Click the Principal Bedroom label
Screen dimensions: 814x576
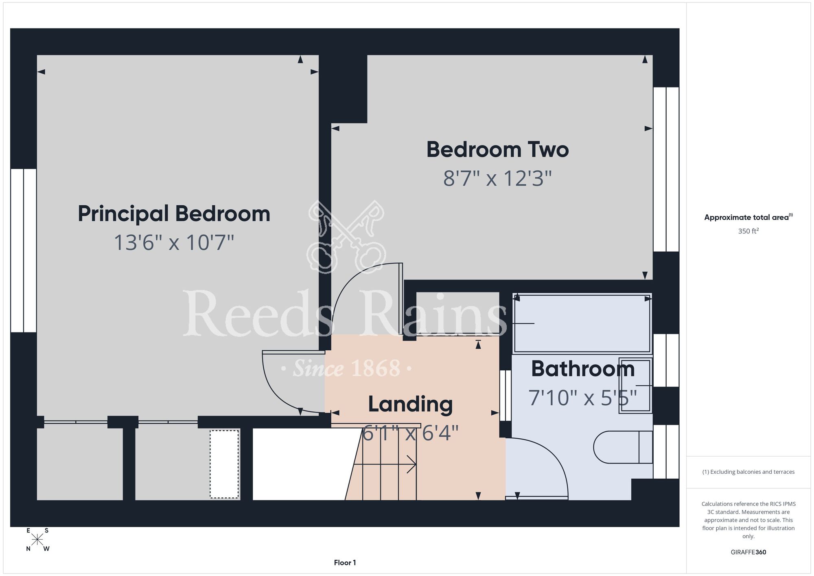coord(174,214)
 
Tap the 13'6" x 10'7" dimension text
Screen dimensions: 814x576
coord(174,242)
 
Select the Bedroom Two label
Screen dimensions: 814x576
coord(497,149)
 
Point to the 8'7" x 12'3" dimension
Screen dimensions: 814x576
coord(497,178)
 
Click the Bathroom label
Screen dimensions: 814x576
coord(583,369)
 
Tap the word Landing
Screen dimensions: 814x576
coord(410,405)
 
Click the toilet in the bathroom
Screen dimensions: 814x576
coord(623,447)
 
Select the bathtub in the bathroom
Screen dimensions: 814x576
coord(582,323)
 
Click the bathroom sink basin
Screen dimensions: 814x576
coord(635,385)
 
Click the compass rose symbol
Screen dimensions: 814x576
coord(37,540)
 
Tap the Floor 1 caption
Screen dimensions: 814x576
coord(345,563)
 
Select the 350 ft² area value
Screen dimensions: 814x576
coord(748,231)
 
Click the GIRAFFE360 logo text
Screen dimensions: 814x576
coord(748,552)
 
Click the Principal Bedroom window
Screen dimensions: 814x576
coord(24,251)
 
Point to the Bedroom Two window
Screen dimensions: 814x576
coord(666,169)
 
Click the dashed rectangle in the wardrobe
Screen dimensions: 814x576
coord(224,464)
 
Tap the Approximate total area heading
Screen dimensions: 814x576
coord(748,217)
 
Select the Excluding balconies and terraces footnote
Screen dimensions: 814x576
coord(748,472)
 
